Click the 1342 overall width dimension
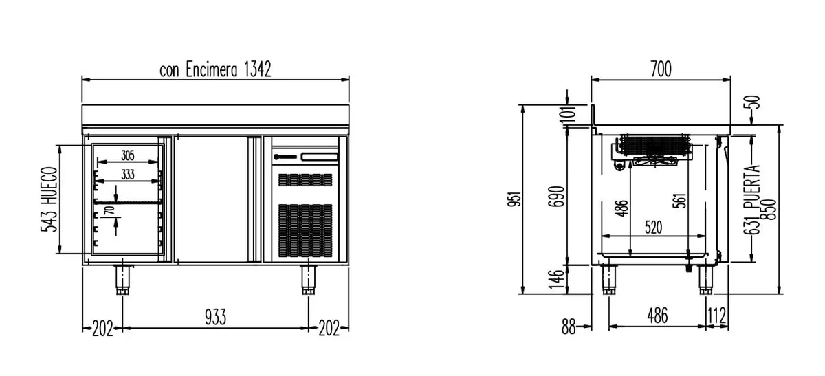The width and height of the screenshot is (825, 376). click(x=258, y=69)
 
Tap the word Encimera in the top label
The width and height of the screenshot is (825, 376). click(x=212, y=69)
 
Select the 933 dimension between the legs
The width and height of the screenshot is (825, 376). click(x=215, y=317)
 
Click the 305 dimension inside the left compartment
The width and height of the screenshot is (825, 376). click(x=128, y=155)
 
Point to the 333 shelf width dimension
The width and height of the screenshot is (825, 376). click(x=128, y=174)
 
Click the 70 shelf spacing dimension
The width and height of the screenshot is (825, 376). click(x=110, y=211)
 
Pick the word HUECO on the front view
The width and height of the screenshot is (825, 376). click(x=49, y=186)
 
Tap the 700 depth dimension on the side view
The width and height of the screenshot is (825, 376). click(x=661, y=69)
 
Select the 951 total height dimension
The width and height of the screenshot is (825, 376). click(x=515, y=199)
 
